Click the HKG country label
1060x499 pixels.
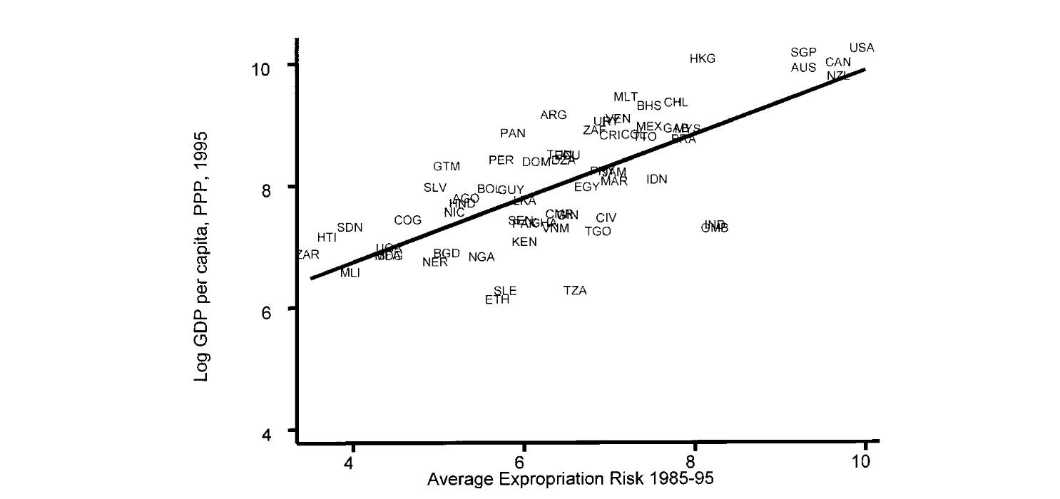point(702,58)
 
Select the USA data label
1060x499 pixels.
point(861,48)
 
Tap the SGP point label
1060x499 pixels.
point(803,53)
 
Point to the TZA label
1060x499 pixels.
point(575,290)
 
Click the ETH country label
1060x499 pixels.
point(497,300)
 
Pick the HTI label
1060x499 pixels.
point(327,237)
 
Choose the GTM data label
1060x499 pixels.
point(447,166)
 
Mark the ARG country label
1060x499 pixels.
point(553,115)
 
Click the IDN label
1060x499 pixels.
point(656,179)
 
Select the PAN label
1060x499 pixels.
point(512,133)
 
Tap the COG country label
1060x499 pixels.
point(407,220)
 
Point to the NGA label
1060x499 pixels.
point(481,257)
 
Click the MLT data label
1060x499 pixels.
point(626,97)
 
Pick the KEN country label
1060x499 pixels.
point(524,242)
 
